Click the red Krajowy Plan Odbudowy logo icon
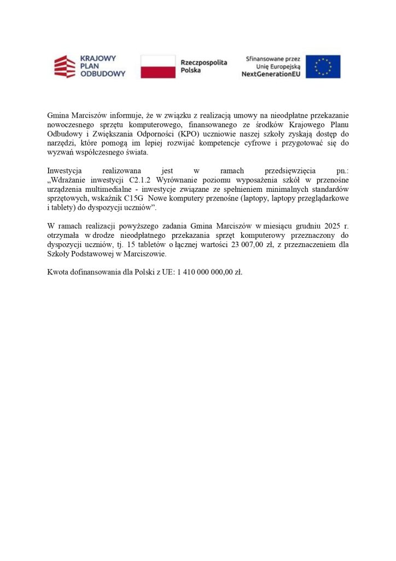pyautogui.click(x=65, y=66)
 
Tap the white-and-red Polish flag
pyautogui.click(x=158, y=66)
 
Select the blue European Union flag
pyautogui.click(x=323, y=66)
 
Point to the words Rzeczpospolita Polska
pyautogui.click(x=203, y=66)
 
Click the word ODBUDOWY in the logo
pyautogui.click(x=103, y=74)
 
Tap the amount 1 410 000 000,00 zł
pyautogui.click(x=209, y=271)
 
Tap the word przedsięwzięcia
pyautogui.click(x=289, y=170)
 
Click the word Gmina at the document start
pyautogui.click(x=59, y=116)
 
